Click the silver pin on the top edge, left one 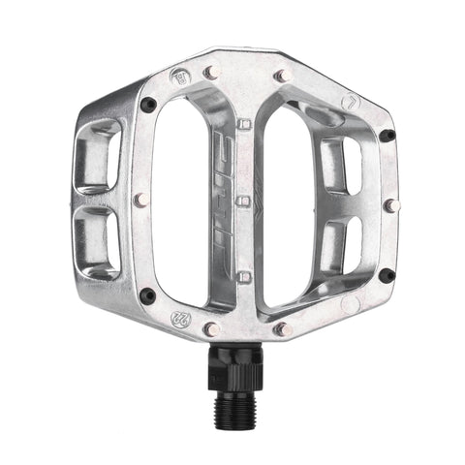(211, 71)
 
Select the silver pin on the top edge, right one (281, 75)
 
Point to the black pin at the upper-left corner (148, 104)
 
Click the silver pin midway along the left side (141, 199)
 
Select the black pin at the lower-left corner (147, 294)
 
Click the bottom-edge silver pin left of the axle (209, 329)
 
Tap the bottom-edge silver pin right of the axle (281, 330)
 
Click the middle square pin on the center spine (243, 201)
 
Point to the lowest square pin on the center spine (244, 278)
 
